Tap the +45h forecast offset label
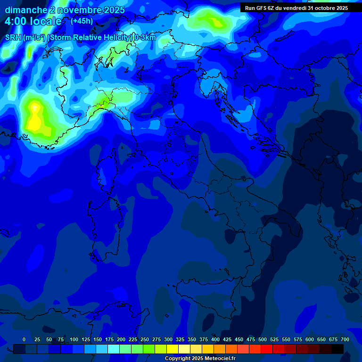click(x=82, y=21)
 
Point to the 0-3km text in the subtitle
click(x=145, y=38)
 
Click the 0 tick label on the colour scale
click(x=24, y=339)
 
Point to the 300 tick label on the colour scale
click(x=168, y=339)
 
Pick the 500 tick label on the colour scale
click(x=263, y=339)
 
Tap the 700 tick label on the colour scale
click(x=345, y=339)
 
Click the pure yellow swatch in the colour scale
click(x=173, y=349)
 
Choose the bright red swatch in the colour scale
click(x=267, y=349)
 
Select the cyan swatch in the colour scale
click(x=114, y=349)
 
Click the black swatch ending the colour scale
click(x=337, y=349)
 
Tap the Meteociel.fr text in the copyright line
click(x=219, y=359)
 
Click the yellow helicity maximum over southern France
click(x=34, y=118)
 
